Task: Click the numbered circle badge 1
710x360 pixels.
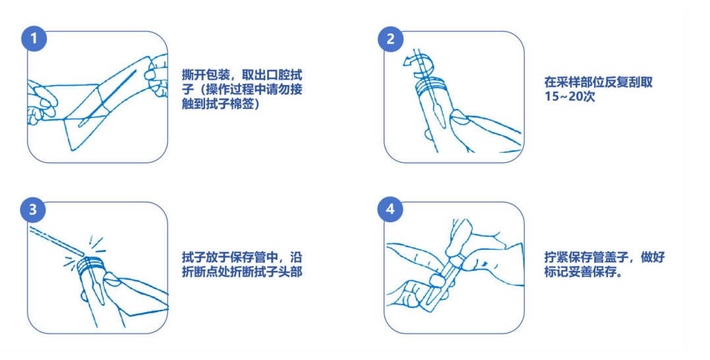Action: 34,38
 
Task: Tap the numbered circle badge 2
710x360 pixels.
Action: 391,38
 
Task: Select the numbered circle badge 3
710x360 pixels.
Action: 33,210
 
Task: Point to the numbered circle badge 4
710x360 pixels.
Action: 390,210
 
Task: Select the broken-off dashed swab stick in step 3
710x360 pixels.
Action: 56,240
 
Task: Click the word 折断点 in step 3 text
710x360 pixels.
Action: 200,272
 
